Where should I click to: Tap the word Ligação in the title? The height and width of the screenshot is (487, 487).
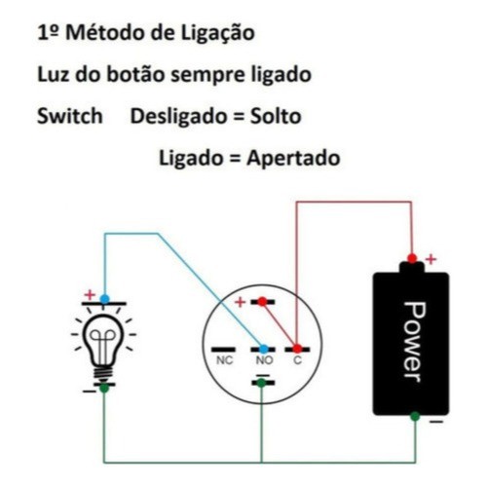pyautogui.click(x=218, y=34)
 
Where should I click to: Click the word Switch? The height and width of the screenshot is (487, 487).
pyautogui.click(x=70, y=116)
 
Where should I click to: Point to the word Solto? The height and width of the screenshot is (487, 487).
pyautogui.click(x=276, y=116)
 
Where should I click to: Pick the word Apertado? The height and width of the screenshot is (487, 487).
pyautogui.click(x=293, y=159)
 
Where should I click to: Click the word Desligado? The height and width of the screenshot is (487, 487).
pyautogui.click(x=179, y=117)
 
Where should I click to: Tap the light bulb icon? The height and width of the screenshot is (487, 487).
pyautogui.click(x=103, y=344)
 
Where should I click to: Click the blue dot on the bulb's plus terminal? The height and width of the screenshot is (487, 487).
pyautogui.click(x=104, y=299)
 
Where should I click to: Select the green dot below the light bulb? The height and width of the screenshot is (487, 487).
pyautogui.click(x=104, y=388)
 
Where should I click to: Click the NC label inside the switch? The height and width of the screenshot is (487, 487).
pyautogui.click(x=225, y=360)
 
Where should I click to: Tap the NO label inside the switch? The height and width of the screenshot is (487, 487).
pyautogui.click(x=264, y=360)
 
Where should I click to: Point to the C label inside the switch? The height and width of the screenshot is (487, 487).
pyautogui.click(x=297, y=360)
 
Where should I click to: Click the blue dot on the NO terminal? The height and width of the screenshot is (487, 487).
pyautogui.click(x=264, y=349)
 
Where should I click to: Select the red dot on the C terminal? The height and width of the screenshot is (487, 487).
pyautogui.click(x=297, y=349)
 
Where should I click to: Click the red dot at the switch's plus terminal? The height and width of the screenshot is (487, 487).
pyautogui.click(x=262, y=302)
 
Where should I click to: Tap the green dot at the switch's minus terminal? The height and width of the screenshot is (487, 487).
pyautogui.click(x=261, y=383)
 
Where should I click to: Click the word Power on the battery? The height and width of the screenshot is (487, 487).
pyautogui.click(x=414, y=342)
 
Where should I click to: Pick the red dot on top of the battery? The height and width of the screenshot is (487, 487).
pyautogui.click(x=412, y=258)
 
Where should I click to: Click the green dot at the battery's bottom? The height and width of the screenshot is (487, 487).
pyautogui.click(x=415, y=416)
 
